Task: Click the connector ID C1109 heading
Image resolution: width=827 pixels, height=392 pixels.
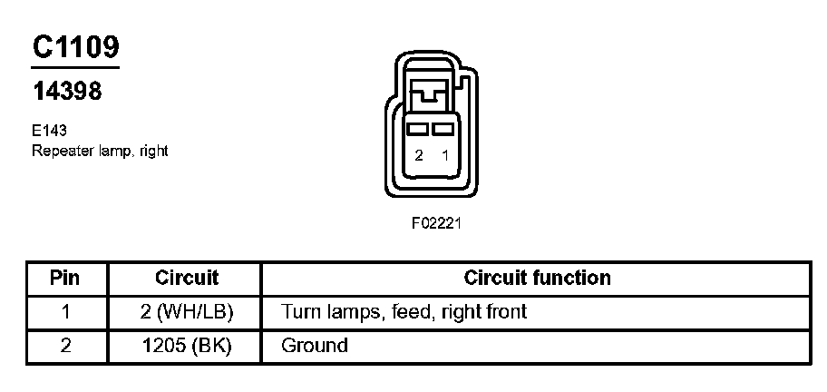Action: [75, 47]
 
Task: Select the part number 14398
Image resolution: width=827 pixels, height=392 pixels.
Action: [66, 91]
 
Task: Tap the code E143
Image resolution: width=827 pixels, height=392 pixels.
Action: [48, 131]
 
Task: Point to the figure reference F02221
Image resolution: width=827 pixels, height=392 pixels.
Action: [437, 222]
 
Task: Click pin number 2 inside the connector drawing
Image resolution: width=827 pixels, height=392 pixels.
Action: [419, 156]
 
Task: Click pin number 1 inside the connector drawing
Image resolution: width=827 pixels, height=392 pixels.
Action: [444, 156]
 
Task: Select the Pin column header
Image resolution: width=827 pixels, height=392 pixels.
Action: [65, 278]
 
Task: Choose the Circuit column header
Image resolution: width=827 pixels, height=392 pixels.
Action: [187, 278]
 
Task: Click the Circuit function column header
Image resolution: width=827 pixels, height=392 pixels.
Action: [537, 278]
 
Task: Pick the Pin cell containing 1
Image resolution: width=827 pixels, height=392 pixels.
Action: [65, 312]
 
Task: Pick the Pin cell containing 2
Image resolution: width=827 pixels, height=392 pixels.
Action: [65, 346]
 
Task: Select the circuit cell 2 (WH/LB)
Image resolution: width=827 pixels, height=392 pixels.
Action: [187, 312]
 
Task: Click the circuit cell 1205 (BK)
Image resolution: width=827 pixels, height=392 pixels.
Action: [187, 346]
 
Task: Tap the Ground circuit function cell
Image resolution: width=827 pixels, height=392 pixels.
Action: [315, 346]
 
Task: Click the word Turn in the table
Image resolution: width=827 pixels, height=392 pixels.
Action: [300, 312]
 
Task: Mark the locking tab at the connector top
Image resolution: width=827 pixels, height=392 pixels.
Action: [430, 92]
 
